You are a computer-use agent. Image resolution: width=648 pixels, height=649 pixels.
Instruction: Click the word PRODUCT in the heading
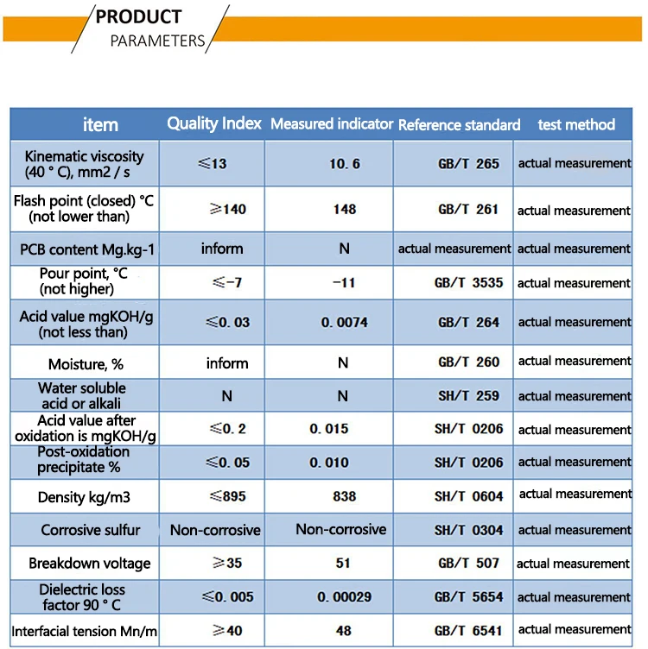coord(138,16)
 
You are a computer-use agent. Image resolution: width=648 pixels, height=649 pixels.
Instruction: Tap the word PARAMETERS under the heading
coord(157,41)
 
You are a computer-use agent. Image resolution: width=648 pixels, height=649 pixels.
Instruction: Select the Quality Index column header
coord(213,123)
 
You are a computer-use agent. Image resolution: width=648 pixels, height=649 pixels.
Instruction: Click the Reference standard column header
coord(459,125)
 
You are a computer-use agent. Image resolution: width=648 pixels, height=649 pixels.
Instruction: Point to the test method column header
coord(576,124)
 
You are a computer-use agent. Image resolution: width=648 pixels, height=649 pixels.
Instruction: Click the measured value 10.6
coord(342,164)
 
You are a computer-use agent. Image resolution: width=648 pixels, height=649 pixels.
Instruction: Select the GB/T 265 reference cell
coord(468,163)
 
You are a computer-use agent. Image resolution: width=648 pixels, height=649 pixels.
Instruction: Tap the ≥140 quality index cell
coord(227,209)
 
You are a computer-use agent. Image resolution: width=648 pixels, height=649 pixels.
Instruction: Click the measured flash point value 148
coord(343,209)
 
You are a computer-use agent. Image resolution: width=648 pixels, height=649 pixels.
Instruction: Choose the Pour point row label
coord(84,281)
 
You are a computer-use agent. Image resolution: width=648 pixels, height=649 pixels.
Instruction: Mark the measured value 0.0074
coord(344,322)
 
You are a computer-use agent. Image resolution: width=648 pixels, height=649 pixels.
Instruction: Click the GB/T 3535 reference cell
coord(470,282)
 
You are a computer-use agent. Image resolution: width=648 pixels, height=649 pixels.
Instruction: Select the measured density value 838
coord(343,496)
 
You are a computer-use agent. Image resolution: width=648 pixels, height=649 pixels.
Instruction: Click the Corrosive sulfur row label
coord(90,530)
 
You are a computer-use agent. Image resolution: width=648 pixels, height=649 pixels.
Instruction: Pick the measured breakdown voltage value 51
coord(343,563)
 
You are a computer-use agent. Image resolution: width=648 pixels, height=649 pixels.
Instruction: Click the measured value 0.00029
coord(343,597)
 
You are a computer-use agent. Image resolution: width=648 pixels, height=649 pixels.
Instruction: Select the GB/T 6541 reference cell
coord(468,630)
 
